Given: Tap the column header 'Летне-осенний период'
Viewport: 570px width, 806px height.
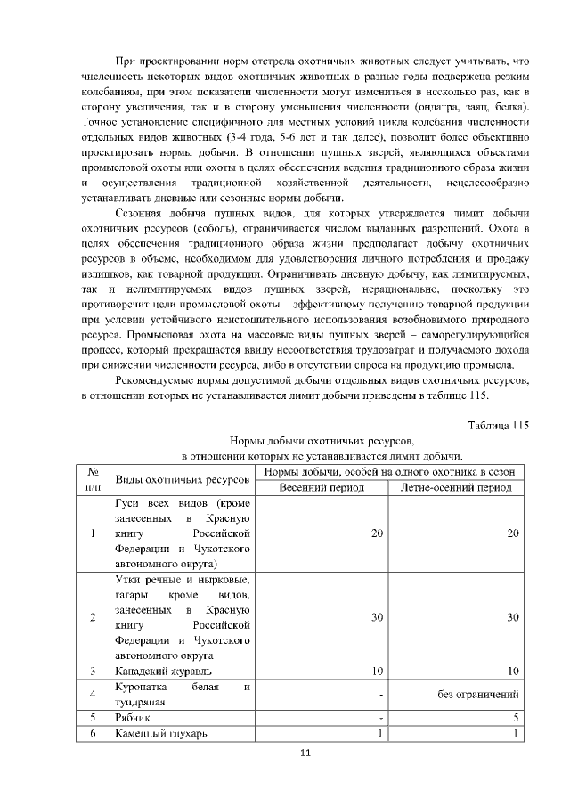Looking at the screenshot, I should (456, 488).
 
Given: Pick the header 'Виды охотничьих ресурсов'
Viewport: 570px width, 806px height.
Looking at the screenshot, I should (182, 479).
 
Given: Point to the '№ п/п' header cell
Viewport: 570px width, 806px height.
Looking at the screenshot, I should (93, 479).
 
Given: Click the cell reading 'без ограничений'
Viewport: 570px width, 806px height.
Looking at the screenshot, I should (478, 694).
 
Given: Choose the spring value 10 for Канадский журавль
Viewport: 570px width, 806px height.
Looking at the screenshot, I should (378, 671).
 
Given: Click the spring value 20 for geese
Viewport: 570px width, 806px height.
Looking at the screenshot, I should (378, 533).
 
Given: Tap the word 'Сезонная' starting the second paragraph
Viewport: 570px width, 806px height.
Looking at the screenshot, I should (142, 214).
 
